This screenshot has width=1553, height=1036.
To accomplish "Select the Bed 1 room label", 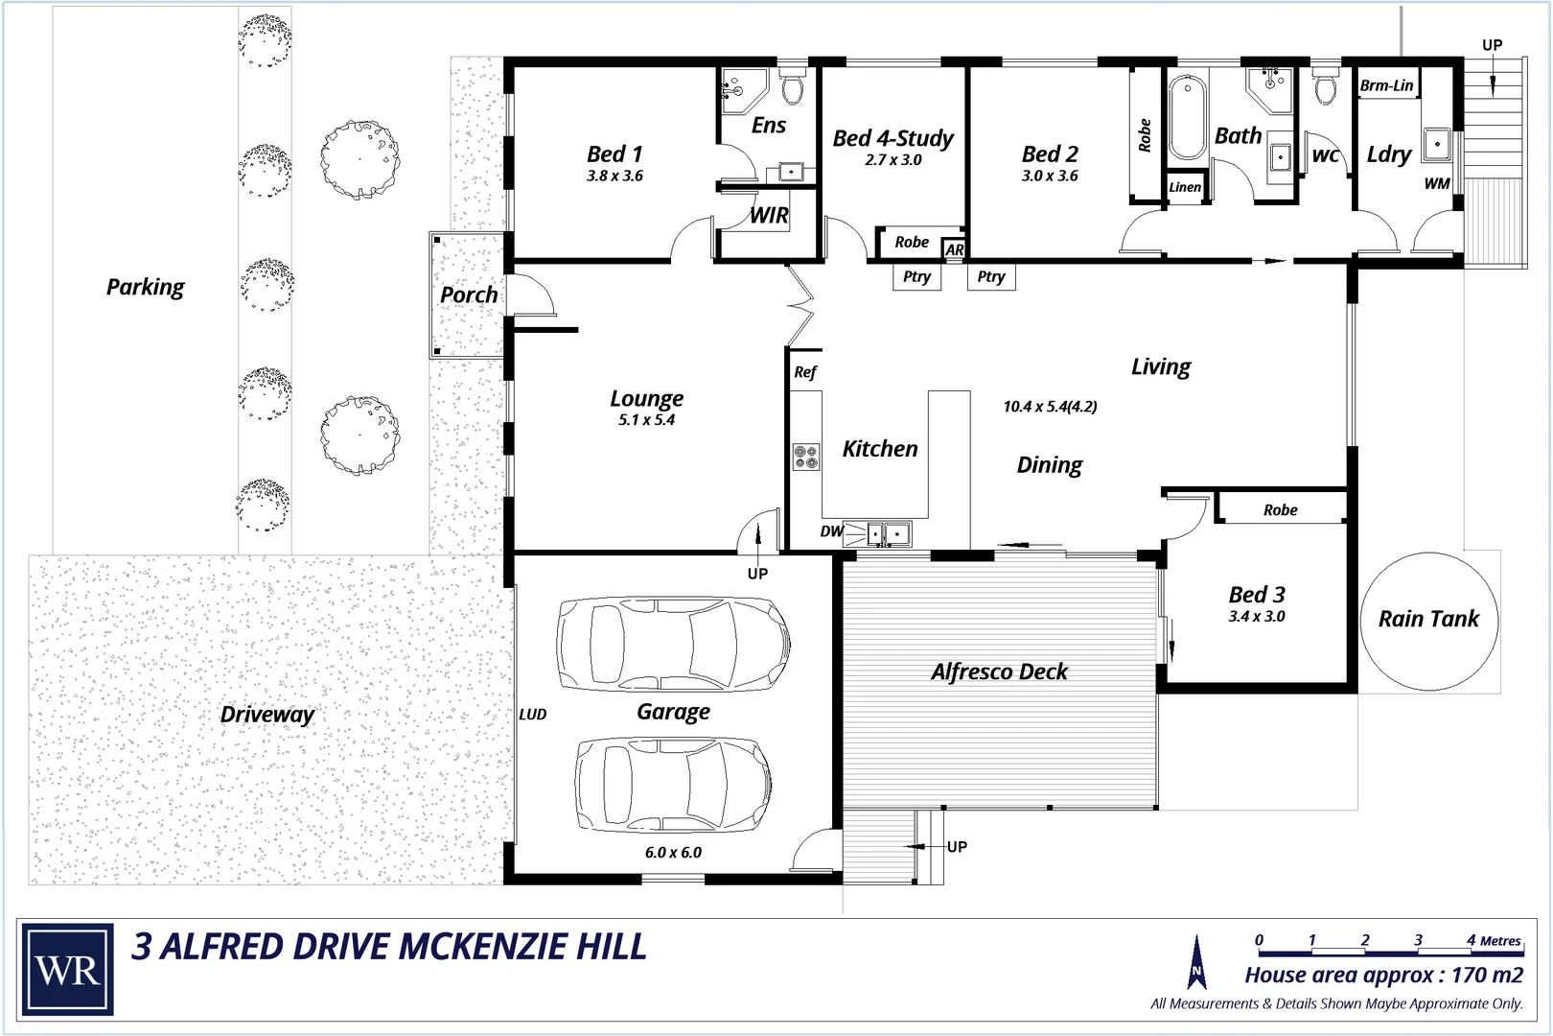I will click(614, 153).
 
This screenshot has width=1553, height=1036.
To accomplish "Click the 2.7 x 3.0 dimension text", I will click(892, 160).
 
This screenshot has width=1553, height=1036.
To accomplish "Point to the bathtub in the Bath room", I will click(1186, 117).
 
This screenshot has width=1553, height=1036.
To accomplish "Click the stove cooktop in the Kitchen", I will click(806, 457).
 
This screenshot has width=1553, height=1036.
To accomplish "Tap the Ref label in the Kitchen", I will click(804, 372).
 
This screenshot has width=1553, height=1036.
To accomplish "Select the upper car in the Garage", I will click(674, 644).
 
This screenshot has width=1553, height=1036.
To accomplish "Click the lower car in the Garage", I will click(674, 784).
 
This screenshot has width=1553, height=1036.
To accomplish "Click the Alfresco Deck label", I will click(999, 671).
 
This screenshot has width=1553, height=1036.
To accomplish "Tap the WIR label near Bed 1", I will click(769, 216).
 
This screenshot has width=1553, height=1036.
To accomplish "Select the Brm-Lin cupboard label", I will click(1386, 85).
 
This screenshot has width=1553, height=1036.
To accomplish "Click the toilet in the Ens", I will click(792, 88).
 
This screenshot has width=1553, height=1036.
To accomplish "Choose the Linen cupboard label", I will click(1185, 187).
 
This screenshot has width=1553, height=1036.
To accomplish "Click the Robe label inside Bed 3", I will click(1280, 510).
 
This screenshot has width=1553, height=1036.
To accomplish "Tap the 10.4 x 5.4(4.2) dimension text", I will click(1050, 407).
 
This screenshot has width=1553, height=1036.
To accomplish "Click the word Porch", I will click(469, 294).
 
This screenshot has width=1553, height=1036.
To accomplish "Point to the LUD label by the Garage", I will click(533, 714).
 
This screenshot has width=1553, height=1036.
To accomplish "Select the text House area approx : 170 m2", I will click(1383, 976).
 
